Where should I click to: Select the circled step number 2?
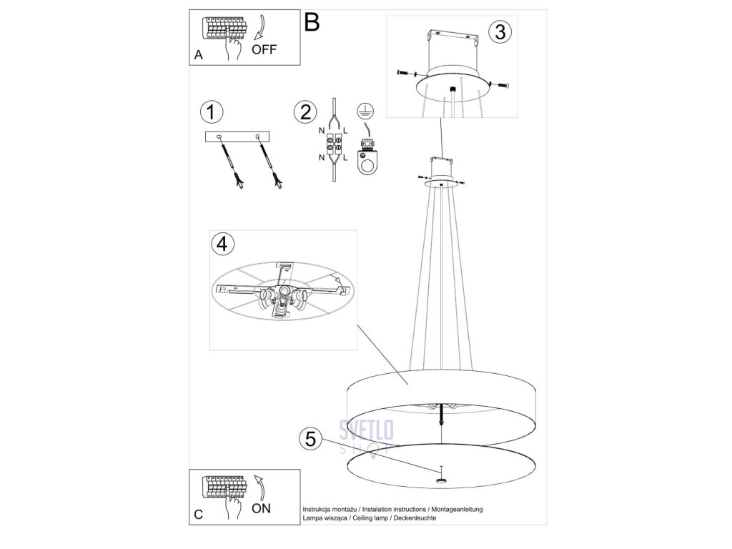pos(305,112)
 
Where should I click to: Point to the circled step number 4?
pos(223,244)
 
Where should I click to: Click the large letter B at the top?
pos(312,21)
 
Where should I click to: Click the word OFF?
pos(264,49)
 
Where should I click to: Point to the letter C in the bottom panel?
pos(198,513)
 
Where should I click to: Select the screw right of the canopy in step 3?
pos(500,86)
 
